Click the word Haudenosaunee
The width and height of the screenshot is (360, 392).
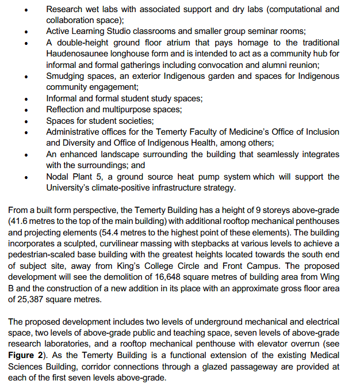[75, 54]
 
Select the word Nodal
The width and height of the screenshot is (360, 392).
[58, 177]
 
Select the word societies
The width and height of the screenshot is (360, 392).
[137, 121]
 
